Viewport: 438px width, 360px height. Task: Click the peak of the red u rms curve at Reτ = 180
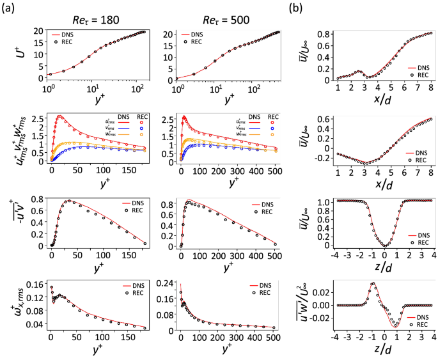[x=60, y=116]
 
